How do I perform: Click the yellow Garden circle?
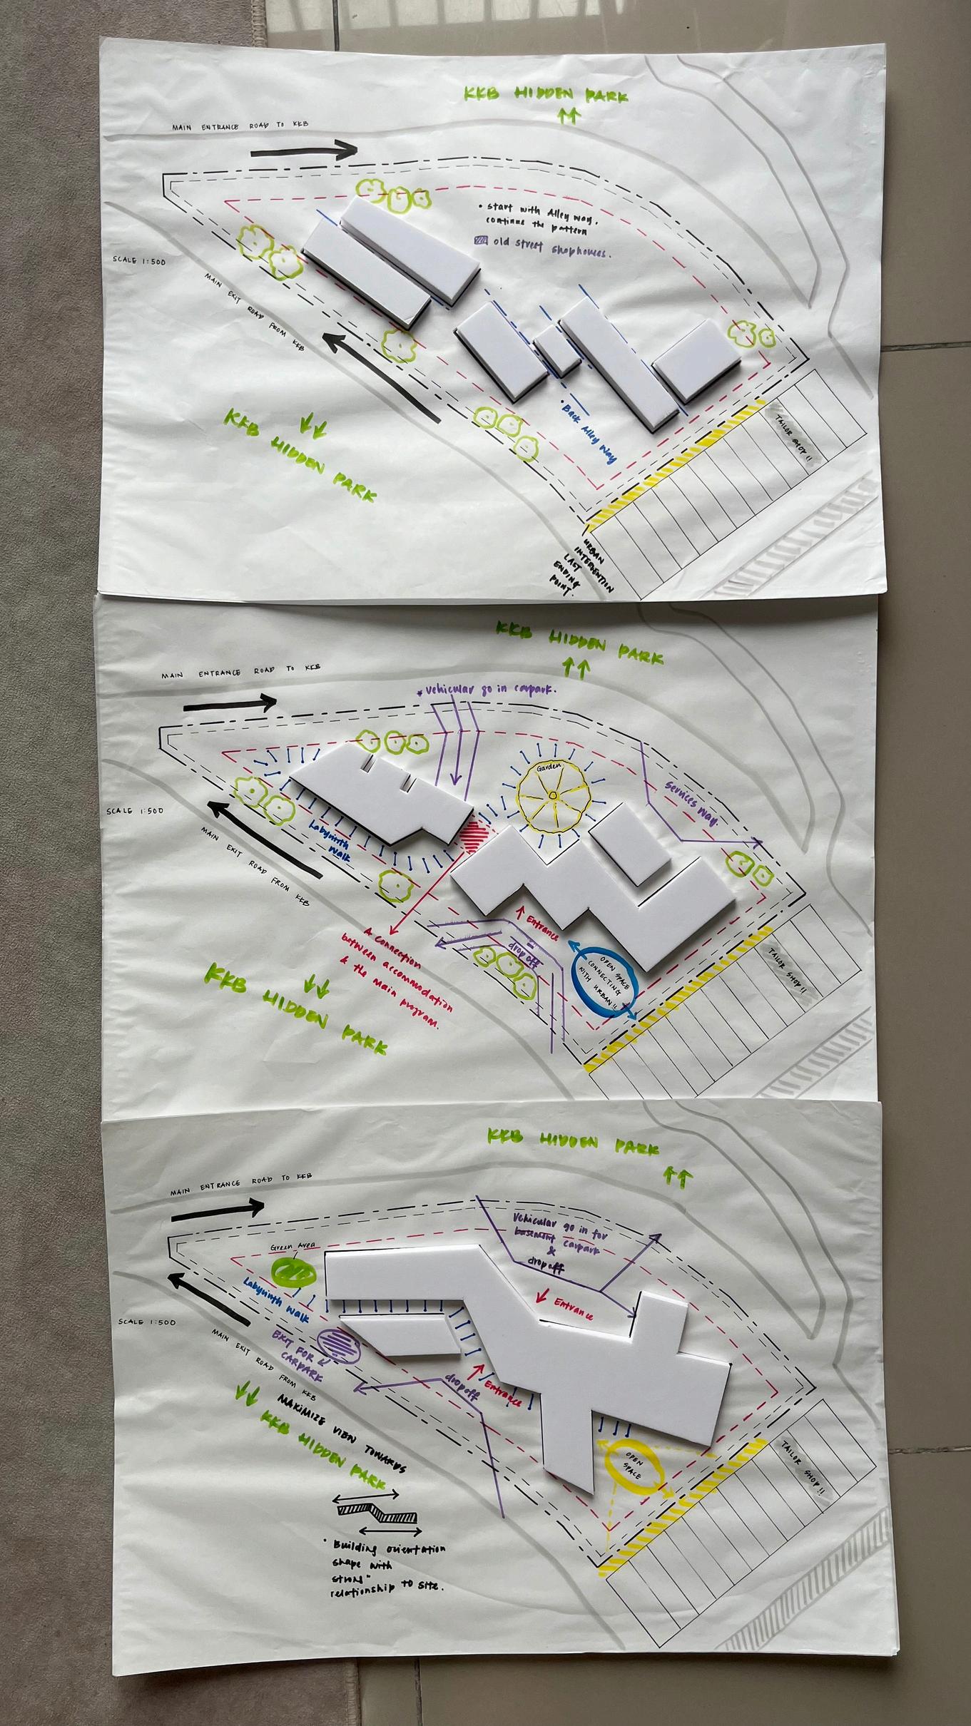(554, 795)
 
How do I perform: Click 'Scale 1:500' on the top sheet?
(138, 261)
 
